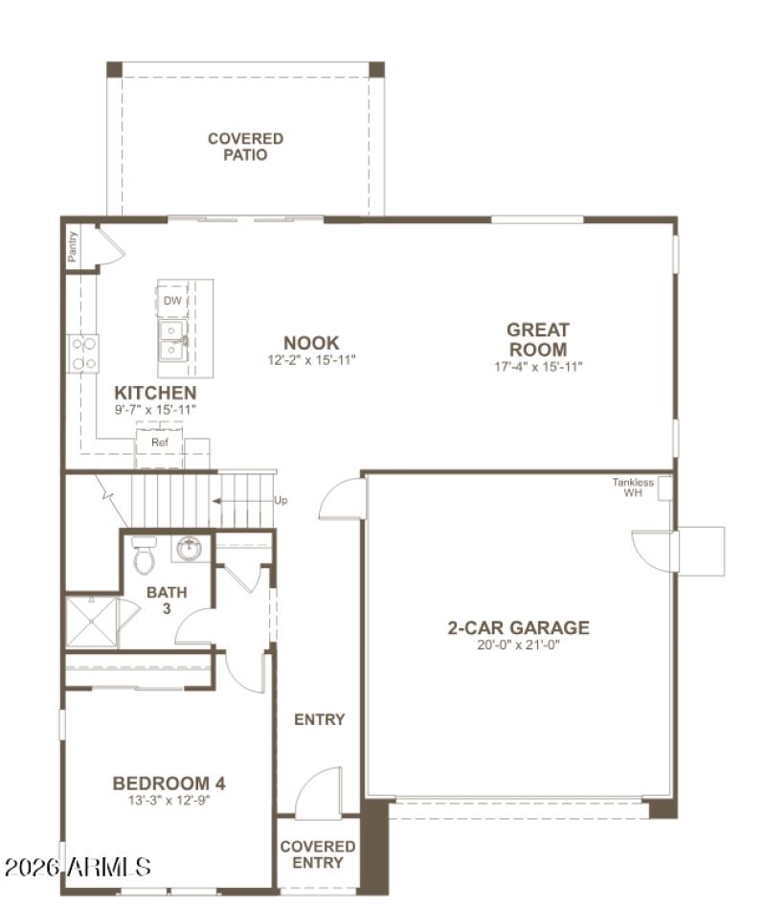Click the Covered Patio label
coord(245,147)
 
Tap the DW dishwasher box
coord(172,301)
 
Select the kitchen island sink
coord(172,338)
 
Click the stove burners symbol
coord(83,352)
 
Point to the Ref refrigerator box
coord(159,443)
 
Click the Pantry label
coord(73,246)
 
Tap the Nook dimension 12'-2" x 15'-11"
coord(310,360)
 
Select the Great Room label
coord(537,340)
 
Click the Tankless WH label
coord(633,488)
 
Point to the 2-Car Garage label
coord(518,628)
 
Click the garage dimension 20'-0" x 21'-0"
coord(518,646)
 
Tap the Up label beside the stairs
coord(280,500)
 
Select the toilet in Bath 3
coord(144,555)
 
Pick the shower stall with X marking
coord(90,622)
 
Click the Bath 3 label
coord(167,600)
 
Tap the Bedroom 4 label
coord(169,783)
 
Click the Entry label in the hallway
coord(319,719)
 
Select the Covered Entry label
coord(317,854)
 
